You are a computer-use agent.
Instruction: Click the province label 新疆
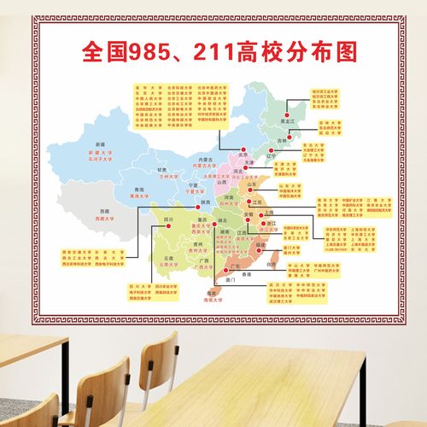(101, 144)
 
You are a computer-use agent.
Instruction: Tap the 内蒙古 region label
(205, 159)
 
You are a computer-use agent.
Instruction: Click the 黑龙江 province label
(290, 123)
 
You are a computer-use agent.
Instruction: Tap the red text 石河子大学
(102, 159)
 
